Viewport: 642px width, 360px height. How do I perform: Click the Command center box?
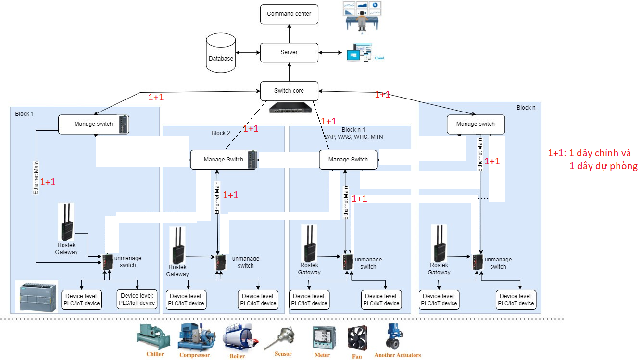pyautogui.click(x=289, y=14)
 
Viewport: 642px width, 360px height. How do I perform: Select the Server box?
pyautogui.click(x=289, y=52)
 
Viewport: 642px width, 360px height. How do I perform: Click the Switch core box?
pyautogui.click(x=289, y=91)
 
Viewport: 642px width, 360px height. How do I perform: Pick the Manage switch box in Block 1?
pyautogui.click(x=94, y=124)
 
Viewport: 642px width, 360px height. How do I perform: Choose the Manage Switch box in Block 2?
pyautogui.click(x=224, y=160)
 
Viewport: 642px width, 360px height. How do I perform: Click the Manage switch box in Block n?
pyautogui.click(x=476, y=124)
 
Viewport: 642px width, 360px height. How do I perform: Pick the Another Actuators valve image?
pyautogui.click(x=395, y=336)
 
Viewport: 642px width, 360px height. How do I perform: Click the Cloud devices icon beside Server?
pyautogui.click(x=359, y=52)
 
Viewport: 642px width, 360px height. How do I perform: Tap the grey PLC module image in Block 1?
pyautogui.click(x=37, y=296)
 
